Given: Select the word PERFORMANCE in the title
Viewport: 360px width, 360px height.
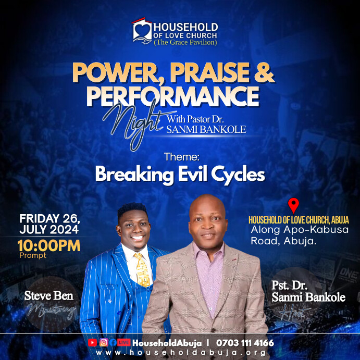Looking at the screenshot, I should point(172,96).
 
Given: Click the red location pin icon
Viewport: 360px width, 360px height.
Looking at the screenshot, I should point(293,205).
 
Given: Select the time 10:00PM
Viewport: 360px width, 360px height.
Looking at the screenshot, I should point(49,245).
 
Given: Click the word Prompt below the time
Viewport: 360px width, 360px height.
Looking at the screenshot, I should point(32,255).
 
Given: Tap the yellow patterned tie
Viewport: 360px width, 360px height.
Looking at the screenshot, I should point(141,268).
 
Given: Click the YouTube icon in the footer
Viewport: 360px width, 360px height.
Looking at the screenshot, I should point(93,342).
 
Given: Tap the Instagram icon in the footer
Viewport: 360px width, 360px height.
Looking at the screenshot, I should point(103,342).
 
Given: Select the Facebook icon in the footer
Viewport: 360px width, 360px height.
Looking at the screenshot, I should point(113,342).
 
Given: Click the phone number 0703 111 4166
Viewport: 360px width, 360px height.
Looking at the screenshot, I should point(244,343).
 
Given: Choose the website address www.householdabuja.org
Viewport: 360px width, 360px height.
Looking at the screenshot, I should point(180,353).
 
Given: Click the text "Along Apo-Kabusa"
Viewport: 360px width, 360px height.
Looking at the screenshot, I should point(300,230).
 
